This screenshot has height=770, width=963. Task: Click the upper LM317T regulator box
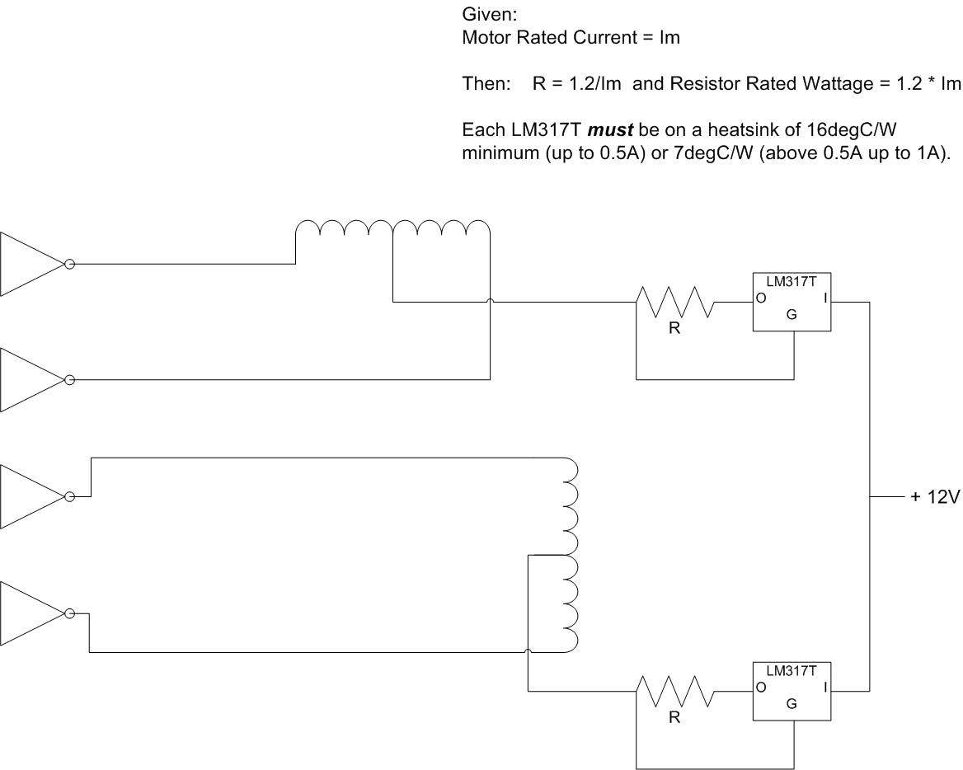[x=792, y=303]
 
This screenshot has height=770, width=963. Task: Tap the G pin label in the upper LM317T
[x=792, y=314]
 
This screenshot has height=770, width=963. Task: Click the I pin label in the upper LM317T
[x=824, y=298]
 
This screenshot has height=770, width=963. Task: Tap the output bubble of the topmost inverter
[x=70, y=265]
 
